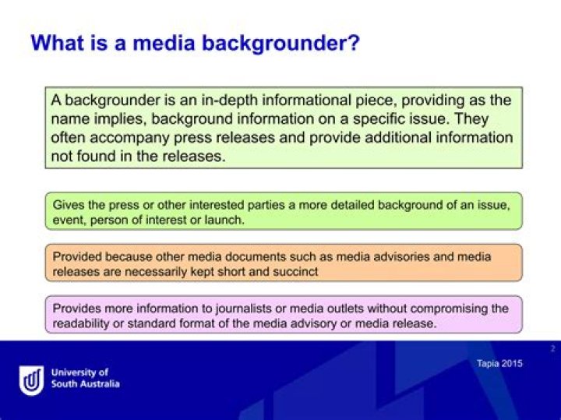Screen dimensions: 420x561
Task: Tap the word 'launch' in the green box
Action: coord(226,220)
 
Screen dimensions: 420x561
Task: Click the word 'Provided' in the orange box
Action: coord(76,256)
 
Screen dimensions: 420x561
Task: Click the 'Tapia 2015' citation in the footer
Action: coord(499,363)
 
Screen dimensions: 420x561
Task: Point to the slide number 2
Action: coord(552,348)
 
